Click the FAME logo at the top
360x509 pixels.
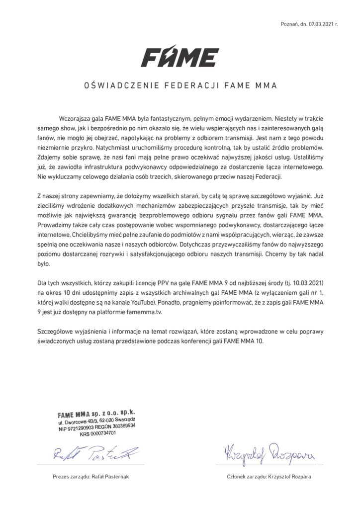[180, 56]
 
